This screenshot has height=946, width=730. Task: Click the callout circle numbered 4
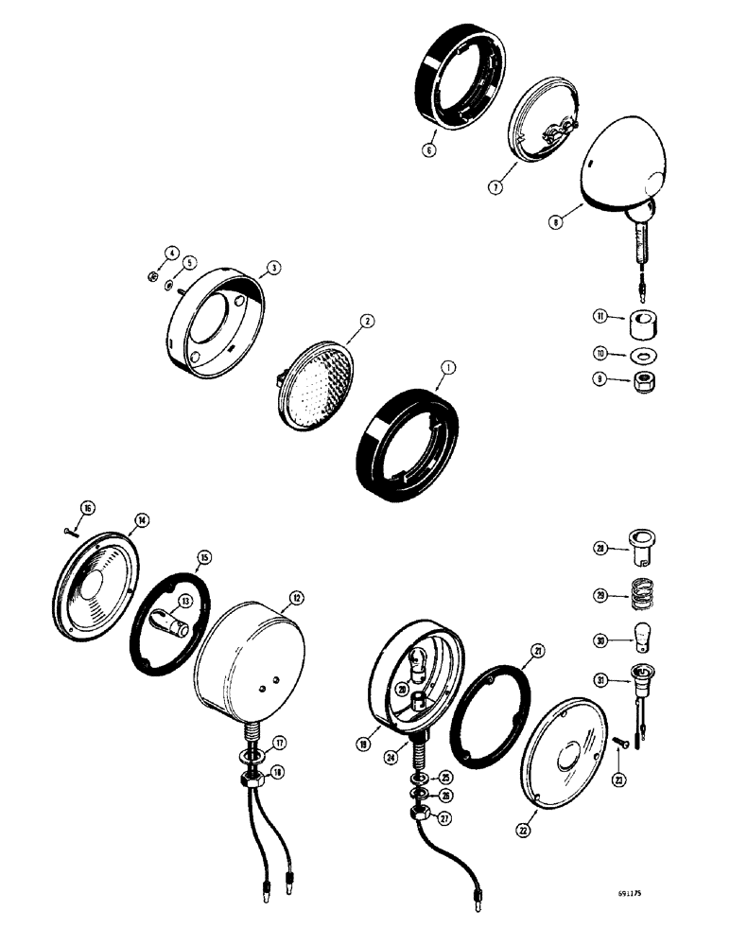click(x=171, y=252)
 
